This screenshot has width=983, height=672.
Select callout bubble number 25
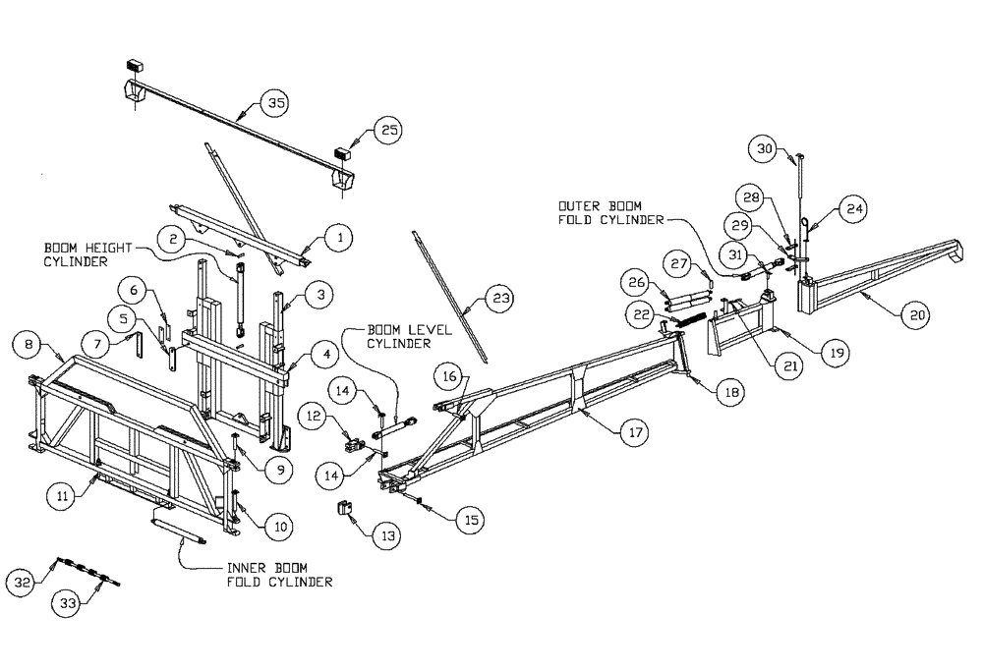coord(389,131)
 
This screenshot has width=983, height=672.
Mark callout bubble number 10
coord(280,528)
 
